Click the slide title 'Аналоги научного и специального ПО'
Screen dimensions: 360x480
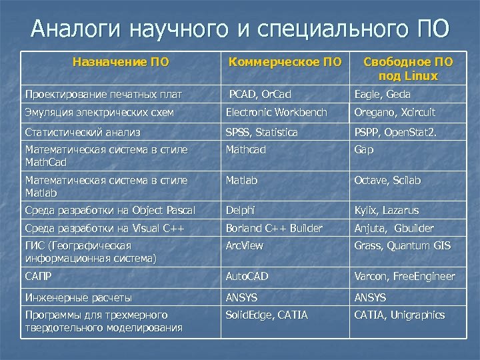click(x=240, y=29)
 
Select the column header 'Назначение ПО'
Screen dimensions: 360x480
click(x=121, y=63)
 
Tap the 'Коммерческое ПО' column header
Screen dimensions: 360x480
click(x=285, y=63)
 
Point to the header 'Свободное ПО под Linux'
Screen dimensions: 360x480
click(x=407, y=69)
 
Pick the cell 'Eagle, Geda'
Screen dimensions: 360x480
click(x=383, y=94)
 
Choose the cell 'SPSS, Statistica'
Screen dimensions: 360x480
click(x=262, y=132)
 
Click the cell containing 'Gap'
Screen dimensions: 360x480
click(x=364, y=150)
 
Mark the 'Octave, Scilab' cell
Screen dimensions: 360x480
click(x=388, y=181)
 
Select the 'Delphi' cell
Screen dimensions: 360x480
click(x=240, y=211)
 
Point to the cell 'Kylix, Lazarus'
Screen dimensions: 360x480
click(x=387, y=211)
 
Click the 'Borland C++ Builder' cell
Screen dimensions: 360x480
click(x=274, y=228)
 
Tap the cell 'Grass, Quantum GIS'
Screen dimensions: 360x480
click(x=403, y=246)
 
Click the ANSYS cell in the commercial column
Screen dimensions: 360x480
click(x=241, y=297)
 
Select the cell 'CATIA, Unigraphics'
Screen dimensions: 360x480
click(x=399, y=315)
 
